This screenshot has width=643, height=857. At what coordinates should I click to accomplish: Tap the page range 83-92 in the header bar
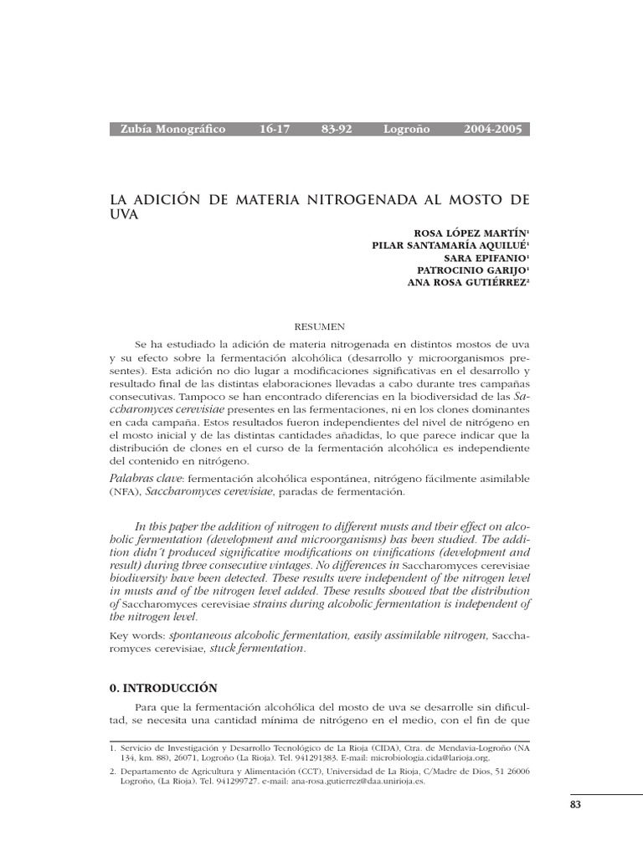click(x=337, y=130)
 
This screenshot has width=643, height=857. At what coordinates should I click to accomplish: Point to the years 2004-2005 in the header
click(x=492, y=130)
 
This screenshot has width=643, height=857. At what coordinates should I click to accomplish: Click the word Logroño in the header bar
click(x=406, y=130)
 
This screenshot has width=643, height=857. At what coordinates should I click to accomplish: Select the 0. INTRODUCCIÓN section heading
click(x=163, y=688)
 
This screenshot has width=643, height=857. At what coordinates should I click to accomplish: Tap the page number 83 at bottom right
click(x=574, y=804)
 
